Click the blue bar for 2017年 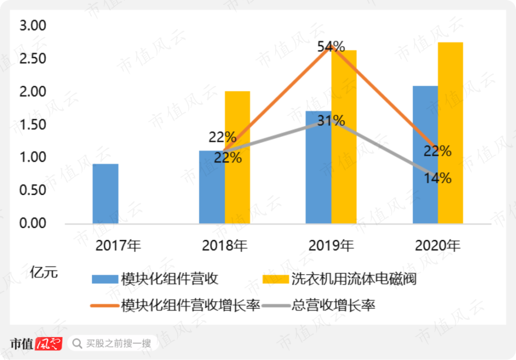(x=105, y=194)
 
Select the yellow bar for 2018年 (x=237, y=158)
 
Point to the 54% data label (x=332, y=47)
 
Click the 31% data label (x=331, y=121)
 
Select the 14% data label (x=438, y=179)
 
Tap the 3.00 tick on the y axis (x=32, y=26)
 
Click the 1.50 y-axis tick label (x=32, y=125)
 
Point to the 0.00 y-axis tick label (x=32, y=223)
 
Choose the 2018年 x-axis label (x=225, y=246)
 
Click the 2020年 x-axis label (x=438, y=246)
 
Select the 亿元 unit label (x=43, y=273)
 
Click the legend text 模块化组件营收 (x=170, y=279)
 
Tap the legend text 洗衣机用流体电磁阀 (x=354, y=279)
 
